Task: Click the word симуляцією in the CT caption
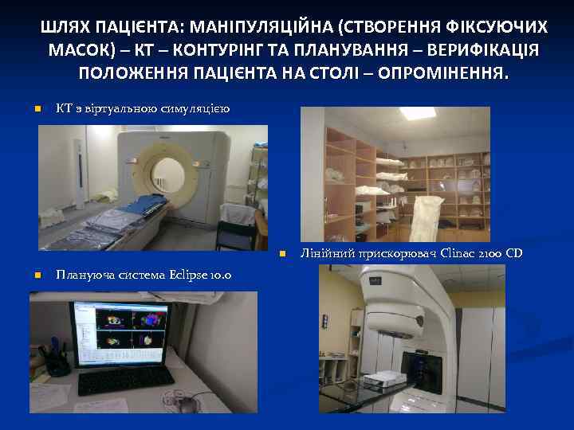pos(199,109)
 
